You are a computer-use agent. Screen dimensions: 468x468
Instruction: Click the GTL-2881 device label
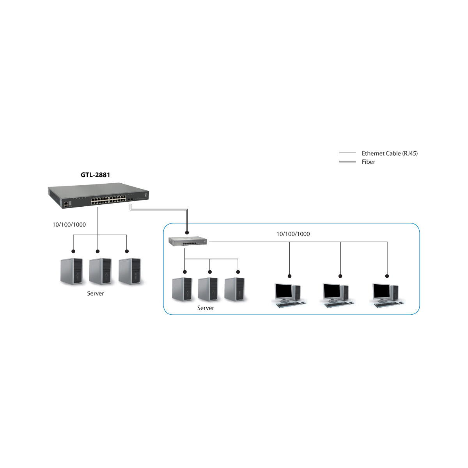point(95,175)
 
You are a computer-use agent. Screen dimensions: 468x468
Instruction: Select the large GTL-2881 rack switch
point(98,195)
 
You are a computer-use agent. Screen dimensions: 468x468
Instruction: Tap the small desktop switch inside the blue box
point(188,241)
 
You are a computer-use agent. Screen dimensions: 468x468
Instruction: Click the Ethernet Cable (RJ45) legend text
point(390,154)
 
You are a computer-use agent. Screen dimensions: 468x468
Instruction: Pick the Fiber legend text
point(368,162)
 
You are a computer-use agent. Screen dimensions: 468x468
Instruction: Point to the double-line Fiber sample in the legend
point(347,162)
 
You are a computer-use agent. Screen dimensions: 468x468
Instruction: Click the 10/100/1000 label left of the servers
point(69,225)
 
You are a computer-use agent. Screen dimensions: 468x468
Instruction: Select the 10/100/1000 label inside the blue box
point(293,234)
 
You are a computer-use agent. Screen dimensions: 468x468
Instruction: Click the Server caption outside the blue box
point(96,293)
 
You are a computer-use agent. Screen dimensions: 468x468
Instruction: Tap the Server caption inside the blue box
point(206,308)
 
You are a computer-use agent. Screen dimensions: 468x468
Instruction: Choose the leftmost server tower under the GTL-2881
point(72,271)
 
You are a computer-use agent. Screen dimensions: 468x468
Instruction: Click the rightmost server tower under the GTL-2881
point(130,271)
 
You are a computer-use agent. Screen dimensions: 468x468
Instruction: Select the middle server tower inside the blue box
point(208,289)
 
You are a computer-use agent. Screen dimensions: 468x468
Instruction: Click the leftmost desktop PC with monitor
point(289,295)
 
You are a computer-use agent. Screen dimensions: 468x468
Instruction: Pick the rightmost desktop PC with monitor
point(387,295)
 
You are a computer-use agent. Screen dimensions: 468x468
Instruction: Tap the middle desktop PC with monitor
point(338,295)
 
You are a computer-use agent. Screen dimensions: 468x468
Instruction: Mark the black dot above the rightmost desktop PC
point(387,276)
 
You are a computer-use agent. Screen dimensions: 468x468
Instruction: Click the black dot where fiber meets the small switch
point(187,233)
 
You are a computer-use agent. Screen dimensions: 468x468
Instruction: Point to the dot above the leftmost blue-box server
point(185,272)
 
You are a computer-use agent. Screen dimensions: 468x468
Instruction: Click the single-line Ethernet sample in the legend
point(347,153)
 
